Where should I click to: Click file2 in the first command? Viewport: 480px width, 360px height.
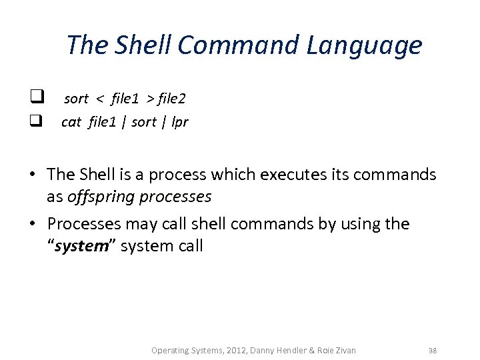coord(172,99)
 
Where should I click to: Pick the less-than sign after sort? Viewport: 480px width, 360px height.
coord(100,99)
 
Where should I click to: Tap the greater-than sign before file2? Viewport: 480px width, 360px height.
coord(150,99)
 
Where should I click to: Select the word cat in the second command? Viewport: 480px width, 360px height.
coord(71,122)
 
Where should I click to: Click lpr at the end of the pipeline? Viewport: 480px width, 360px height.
coord(179,123)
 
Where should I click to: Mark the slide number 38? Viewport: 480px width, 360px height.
coord(432,350)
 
